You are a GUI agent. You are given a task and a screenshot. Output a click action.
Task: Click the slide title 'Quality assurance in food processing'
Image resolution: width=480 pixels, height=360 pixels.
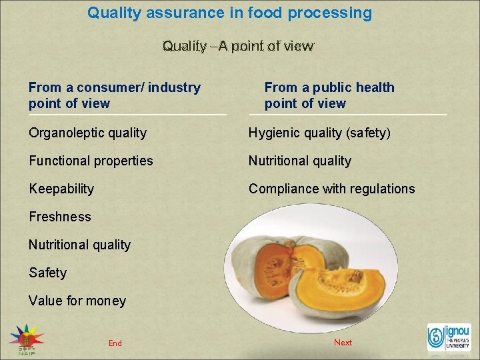point(229,13)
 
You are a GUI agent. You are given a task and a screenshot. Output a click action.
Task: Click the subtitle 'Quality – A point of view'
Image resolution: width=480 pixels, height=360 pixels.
point(237,46)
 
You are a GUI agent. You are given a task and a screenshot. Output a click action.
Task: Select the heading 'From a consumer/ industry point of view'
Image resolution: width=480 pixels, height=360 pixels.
point(115,95)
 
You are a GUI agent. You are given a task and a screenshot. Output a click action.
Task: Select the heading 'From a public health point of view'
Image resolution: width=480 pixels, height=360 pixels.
point(329,95)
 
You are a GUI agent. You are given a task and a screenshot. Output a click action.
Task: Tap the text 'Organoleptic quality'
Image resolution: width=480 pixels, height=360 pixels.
point(87,133)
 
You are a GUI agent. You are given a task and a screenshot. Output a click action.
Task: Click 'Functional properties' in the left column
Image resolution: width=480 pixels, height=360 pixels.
point(91,161)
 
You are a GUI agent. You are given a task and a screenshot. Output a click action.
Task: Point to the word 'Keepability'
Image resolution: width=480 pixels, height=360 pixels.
point(61,189)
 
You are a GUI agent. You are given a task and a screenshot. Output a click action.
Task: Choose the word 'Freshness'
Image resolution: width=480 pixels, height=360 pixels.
point(60,217)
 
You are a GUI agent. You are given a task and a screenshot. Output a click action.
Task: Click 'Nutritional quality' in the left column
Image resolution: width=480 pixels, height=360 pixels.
point(79,245)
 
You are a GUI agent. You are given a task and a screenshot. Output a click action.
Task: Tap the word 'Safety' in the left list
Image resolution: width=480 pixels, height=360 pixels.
point(47,273)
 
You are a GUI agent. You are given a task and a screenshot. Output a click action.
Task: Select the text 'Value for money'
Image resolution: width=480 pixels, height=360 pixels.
point(77,301)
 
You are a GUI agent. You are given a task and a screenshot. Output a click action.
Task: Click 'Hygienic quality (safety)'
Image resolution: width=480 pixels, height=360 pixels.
point(319,133)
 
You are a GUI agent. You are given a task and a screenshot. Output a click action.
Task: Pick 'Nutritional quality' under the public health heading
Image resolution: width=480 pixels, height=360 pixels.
point(299,161)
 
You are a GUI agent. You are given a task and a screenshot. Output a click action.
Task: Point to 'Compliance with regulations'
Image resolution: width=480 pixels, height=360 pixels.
point(331,189)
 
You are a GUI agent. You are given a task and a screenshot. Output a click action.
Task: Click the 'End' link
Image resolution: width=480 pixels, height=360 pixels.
point(115,343)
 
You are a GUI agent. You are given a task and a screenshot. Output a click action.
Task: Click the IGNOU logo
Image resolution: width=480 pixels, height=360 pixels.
point(449,338)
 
